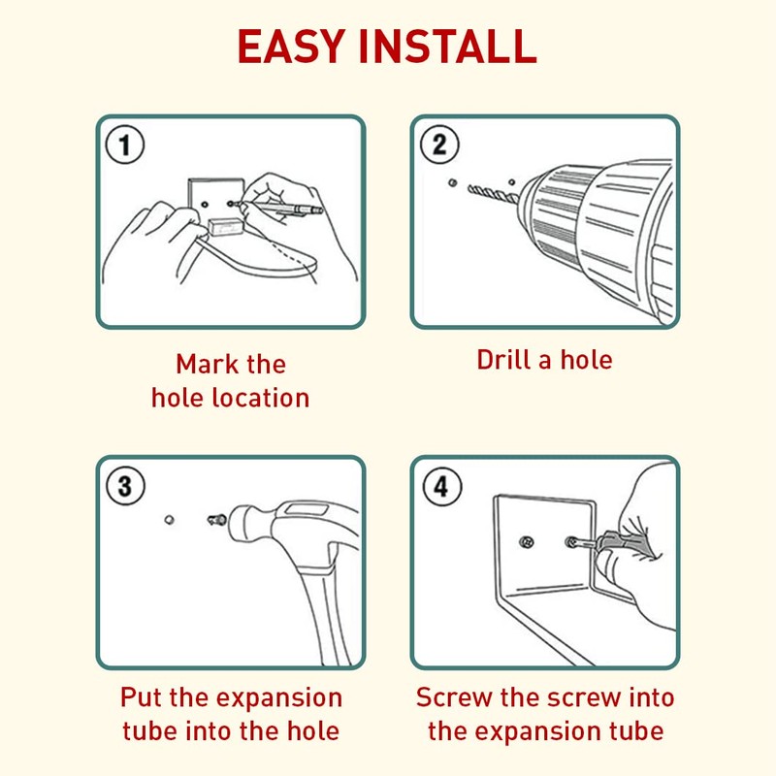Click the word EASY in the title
tap(291, 47)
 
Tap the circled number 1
tap(125, 145)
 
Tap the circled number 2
tap(439, 145)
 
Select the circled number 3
tap(126, 486)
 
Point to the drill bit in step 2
tap(493, 193)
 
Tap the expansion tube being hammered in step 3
tap(216, 520)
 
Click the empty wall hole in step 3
tap(169, 520)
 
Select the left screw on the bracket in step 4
tap(528, 541)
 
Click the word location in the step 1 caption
tap(261, 398)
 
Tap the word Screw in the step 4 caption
tap(453, 697)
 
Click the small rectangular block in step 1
tap(226, 228)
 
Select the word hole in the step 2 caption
tap(587, 359)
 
